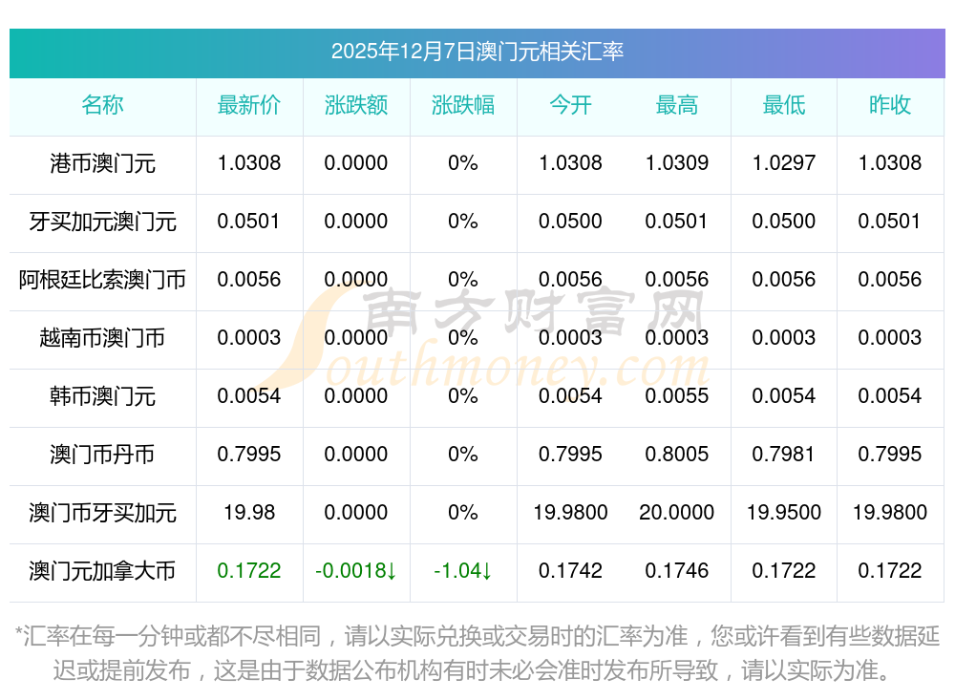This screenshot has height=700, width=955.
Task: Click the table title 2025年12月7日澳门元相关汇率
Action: click(x=477, y=52)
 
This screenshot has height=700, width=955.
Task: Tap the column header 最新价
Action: click(x=249, y=105)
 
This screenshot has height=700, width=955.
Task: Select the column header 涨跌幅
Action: click(x=463, y=105)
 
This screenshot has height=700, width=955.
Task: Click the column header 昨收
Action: click(x=890, y=105)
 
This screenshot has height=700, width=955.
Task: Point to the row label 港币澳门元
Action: click(x=102, y=163)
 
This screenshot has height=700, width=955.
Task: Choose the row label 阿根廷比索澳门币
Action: click(x=102, y=280)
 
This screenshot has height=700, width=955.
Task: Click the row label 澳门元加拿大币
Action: click(x=102, y=571)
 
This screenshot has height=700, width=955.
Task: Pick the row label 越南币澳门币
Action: click(x=102, y=338)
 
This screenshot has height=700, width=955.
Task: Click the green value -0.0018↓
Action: click(x=356, y=571)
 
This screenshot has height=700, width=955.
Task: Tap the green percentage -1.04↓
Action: click(x=463, y=571)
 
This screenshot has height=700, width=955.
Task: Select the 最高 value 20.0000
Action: click(x=677, y=513)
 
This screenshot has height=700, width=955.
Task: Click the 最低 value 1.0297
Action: click(x=784, y=163)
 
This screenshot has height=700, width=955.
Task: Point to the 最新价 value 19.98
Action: click(x=249, y=513)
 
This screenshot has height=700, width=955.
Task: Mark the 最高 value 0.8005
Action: click(x=677, y=455)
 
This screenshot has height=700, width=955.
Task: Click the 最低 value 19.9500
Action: click(x=784, y=513)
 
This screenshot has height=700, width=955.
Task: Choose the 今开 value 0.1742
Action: click(x=570, y=571)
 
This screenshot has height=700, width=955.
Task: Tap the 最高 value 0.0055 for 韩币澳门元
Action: click(x=677, y=396)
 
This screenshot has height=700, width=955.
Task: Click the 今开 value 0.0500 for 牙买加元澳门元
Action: click(x=570, y=222)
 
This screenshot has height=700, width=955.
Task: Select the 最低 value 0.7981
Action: click(x=784, y=455)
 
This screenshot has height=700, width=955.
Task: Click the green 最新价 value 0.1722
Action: click(x=249, y=571)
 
